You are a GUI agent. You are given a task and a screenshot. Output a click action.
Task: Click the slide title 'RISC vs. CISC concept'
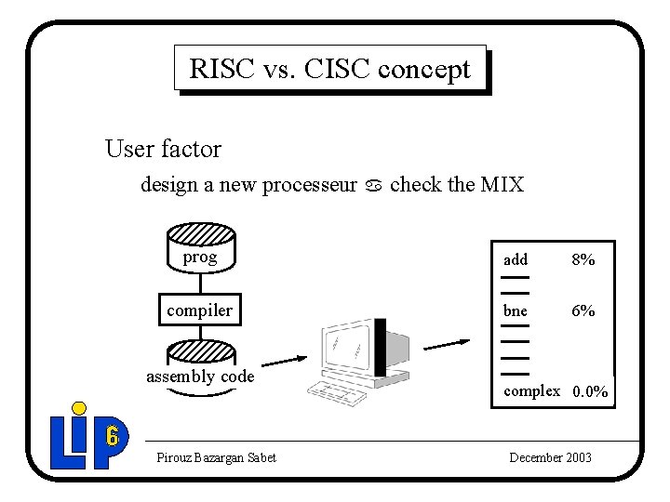pyautogui.click(x=329, y=68)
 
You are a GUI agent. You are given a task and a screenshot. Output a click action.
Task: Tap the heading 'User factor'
pyautogui.click(x=163, y=149)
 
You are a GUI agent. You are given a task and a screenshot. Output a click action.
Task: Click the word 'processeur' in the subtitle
pyautogui.click(x=309, y=185)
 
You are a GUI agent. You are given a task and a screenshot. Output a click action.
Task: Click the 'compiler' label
pyautogui.click(x=200, y=310)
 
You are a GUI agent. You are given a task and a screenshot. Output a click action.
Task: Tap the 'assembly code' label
pyautogui.click(x=200, y=376)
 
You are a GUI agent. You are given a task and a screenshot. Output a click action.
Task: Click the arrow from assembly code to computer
pyautogui.click(x=284, y=361)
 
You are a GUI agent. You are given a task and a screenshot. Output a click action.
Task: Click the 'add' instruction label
pyautogui.click(x=516, y=260)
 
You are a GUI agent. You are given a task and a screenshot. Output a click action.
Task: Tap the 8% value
pyautogui.click(x=583, y=260)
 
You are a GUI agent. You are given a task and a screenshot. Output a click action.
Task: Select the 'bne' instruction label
pyautogui.click(x=516, y=310)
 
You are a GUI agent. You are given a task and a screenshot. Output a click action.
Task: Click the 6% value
pyautogui.click(x=583, y=310)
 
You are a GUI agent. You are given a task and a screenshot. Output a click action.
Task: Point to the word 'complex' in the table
pyautogui.click(x=532, y=391)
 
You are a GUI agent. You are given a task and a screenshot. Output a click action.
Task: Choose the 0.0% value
pyautogui.click(x=591, y=392)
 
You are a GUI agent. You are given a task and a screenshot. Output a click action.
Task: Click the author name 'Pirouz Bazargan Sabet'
pyautogui.click(x=217, y=457)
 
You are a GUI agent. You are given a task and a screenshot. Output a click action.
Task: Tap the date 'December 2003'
pyautogui.click(x=550, y=457)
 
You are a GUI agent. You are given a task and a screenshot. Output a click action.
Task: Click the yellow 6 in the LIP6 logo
pyautogui.click(x=112, y=435)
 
